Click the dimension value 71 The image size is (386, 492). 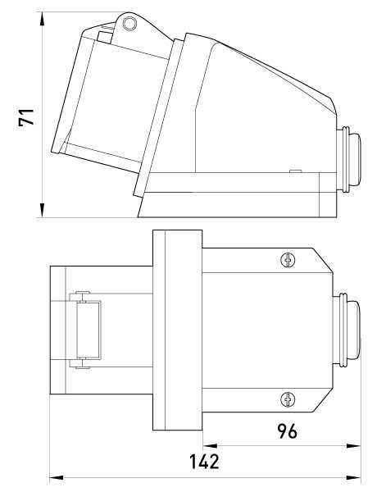pyautogui.click(x=26, y=117)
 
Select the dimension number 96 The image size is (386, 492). pyautogui.click(x=287, y=431)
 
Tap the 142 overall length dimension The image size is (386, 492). pyautogui.click(x=204, y=462)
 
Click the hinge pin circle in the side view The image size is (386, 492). pyautogui.click(x=129, y=24)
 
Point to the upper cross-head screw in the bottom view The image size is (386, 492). pyautogui.click(x=288, y=260)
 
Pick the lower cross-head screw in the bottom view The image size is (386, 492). pyautogui.click(x=288, y=400)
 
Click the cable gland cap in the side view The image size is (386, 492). pyautogui.click(x=355, y=159)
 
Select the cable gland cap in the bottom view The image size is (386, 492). pyautogui.click(x=354, y=330)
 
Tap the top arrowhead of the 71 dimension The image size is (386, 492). pyautogui.click(x=42, y=19)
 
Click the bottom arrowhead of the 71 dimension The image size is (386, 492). pyautogui.click(x=42, y=210)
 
